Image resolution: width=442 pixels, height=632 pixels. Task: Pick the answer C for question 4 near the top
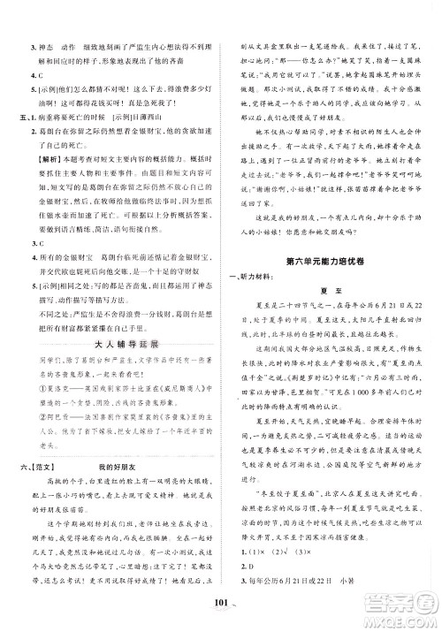click(32, 78)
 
